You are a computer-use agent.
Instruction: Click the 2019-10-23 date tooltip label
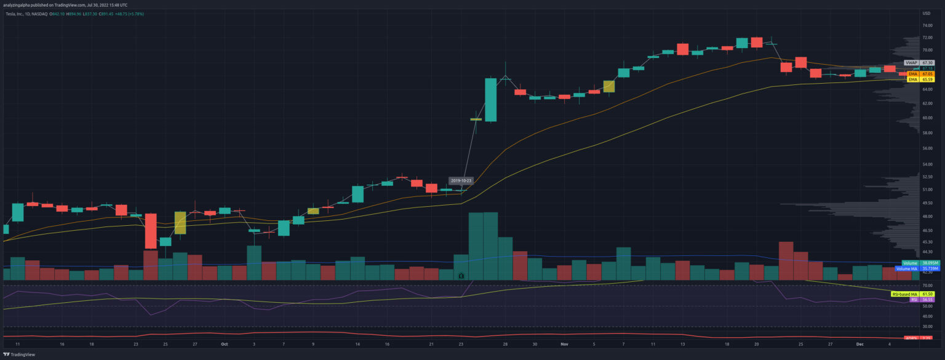point(460,180)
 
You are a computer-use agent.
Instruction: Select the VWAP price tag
point(911,63)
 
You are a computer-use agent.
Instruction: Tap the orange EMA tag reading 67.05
point(913,74)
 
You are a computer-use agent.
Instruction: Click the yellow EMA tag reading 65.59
point(913,79)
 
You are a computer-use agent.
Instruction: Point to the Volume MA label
point(906,269)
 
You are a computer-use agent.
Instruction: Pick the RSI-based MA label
point(903,294)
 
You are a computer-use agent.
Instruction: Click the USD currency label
point(927,14)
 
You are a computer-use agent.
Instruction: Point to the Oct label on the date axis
point(225,345)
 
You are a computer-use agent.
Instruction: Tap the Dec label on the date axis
point(859,345)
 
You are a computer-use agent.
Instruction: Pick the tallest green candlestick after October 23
point(490,99)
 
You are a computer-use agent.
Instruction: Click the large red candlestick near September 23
point(151,231)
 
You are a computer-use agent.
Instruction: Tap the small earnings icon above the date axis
point(461,277)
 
